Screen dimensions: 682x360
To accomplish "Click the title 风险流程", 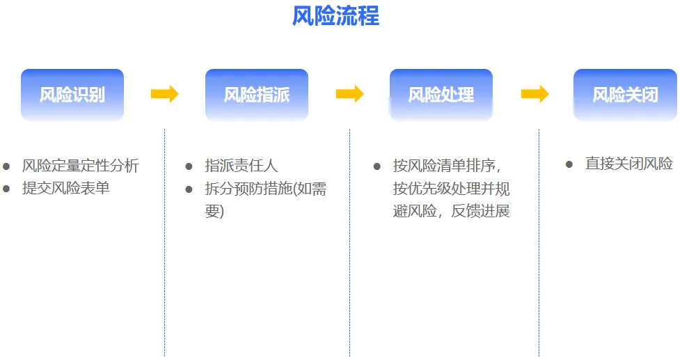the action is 335,16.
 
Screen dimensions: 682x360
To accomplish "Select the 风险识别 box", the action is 72,95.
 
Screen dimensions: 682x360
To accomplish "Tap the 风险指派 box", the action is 257,95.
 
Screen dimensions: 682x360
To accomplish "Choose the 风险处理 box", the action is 441,95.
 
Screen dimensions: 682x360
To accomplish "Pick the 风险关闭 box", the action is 625,95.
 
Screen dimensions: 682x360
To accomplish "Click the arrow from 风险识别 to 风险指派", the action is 164,94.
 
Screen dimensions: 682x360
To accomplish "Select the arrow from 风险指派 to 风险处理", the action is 349,94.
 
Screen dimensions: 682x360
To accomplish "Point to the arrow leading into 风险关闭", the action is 534,94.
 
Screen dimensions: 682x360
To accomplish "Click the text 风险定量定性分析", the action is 81,166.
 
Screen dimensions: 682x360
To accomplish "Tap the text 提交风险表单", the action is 66,188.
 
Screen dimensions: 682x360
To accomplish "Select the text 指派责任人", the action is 241,166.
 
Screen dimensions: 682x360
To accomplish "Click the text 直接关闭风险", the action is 629,164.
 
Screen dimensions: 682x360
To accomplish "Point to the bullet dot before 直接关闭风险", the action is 569,164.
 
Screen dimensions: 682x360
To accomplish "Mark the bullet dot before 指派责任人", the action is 189,166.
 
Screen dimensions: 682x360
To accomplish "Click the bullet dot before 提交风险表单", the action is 6,189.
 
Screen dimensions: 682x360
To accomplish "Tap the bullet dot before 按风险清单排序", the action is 377,166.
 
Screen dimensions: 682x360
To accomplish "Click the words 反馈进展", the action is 481,211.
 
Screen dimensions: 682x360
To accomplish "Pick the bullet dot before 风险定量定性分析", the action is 6,166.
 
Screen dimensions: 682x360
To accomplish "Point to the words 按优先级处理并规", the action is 452,189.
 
